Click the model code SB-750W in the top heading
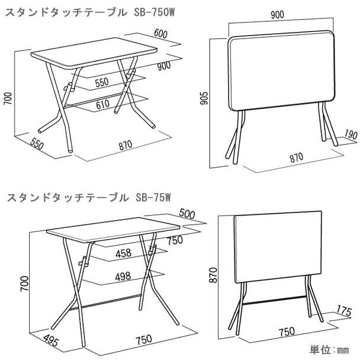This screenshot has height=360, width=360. [x=155, y=13]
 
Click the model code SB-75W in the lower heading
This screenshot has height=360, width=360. [x=153, y=197]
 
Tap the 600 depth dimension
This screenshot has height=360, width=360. [x=160, y=34]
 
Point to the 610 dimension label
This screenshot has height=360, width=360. [x=102, y=104]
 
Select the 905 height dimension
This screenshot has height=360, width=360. [x=204, y=98]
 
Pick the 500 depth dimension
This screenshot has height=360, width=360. [x=187, y=214]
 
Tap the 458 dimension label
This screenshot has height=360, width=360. [x=124, y=253]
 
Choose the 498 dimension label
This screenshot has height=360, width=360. [x=123, y=277]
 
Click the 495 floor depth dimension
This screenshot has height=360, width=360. [x=51, y=340]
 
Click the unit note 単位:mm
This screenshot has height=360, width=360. [x=329, y=350]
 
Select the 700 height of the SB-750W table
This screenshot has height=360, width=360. [x=8, y=98]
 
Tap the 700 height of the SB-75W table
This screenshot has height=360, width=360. [x=24, y=284]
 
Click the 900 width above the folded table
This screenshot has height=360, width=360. [x=277, y=15]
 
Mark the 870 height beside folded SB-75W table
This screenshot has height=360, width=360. [x=213, y=275]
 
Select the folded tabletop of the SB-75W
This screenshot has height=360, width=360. [x=278, y=247]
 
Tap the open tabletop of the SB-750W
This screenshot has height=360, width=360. [x=94, y=53]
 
